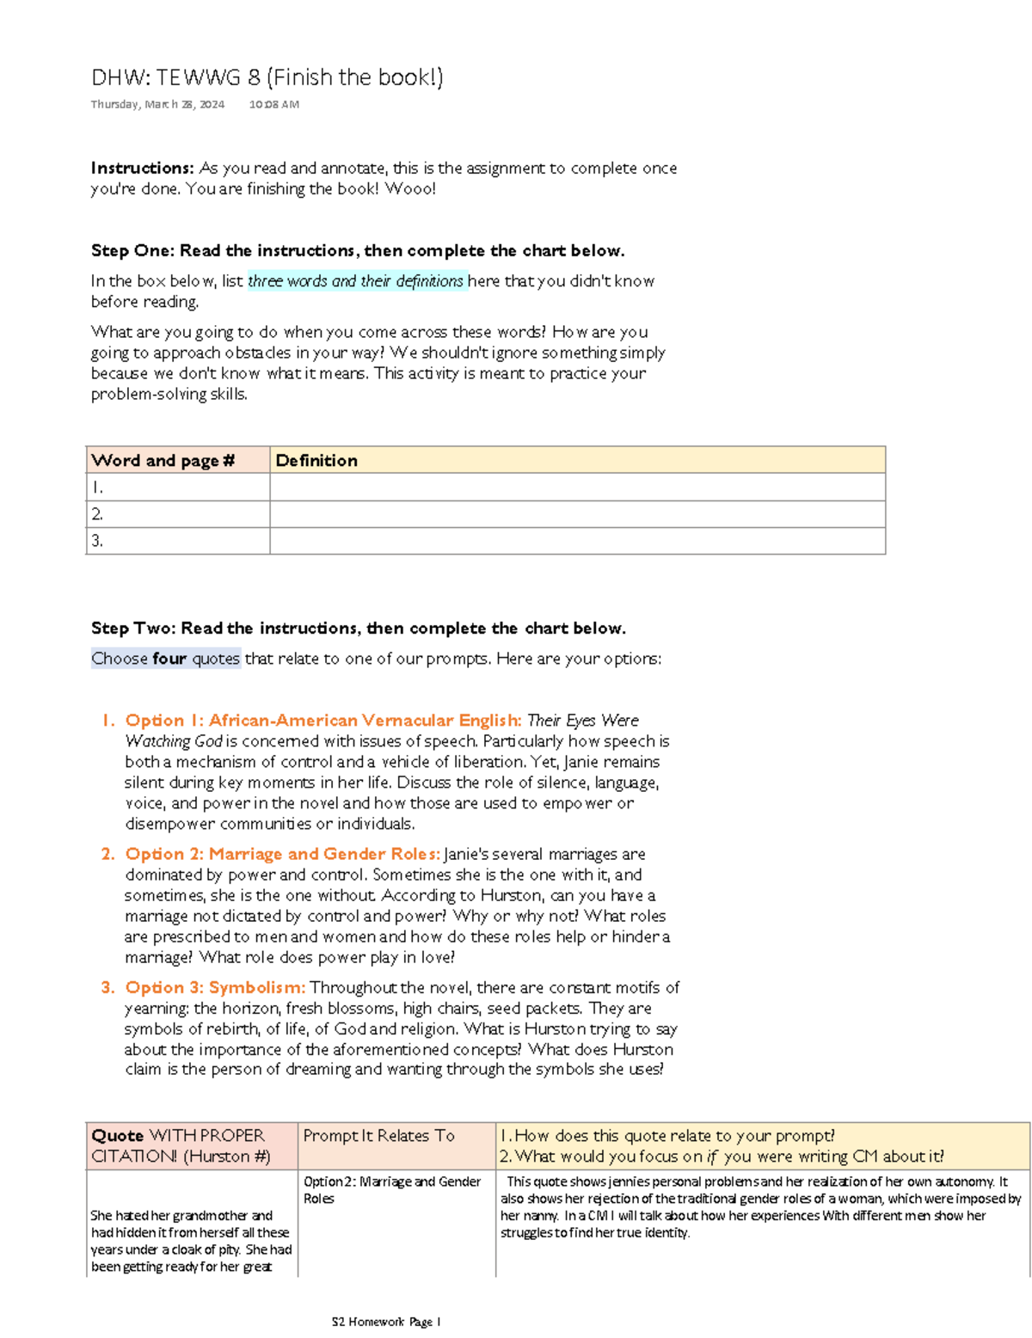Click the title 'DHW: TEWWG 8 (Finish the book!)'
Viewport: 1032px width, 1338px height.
(x=267, y=77)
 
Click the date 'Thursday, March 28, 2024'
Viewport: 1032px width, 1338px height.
(x=157, y=104)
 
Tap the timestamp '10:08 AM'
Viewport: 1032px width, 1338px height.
(x=274, y=104)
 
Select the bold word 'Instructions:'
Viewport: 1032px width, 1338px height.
(x=142, y=169)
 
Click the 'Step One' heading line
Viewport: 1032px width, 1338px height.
(x=357, y=251)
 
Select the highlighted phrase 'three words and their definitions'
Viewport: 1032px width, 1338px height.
(x=356, y=281)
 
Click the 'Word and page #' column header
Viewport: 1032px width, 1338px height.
(x=163, y=461)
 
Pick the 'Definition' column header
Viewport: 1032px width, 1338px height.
(x=316, y=461)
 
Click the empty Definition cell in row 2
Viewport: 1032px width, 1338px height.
(x=576, y=514)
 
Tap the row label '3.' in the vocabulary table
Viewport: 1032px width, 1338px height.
(x=97, y=541)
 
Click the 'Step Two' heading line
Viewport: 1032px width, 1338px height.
(x=358, y=629)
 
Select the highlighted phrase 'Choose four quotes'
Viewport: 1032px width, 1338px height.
(x=165, y=659)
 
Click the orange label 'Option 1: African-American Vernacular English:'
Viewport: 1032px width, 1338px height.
(x=323, y=721)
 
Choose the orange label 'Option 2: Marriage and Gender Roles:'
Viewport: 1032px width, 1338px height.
(x=283, y=854)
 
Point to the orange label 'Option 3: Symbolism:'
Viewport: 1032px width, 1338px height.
(x=215, y=988)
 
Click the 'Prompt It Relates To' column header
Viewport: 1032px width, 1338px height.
(x=378, y=1136)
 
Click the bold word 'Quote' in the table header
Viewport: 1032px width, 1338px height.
(x=117, y=1136)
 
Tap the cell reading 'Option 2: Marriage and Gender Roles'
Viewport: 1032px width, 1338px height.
(x=391, y=1190)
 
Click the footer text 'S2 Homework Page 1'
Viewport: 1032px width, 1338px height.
(x=386, y=1322)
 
